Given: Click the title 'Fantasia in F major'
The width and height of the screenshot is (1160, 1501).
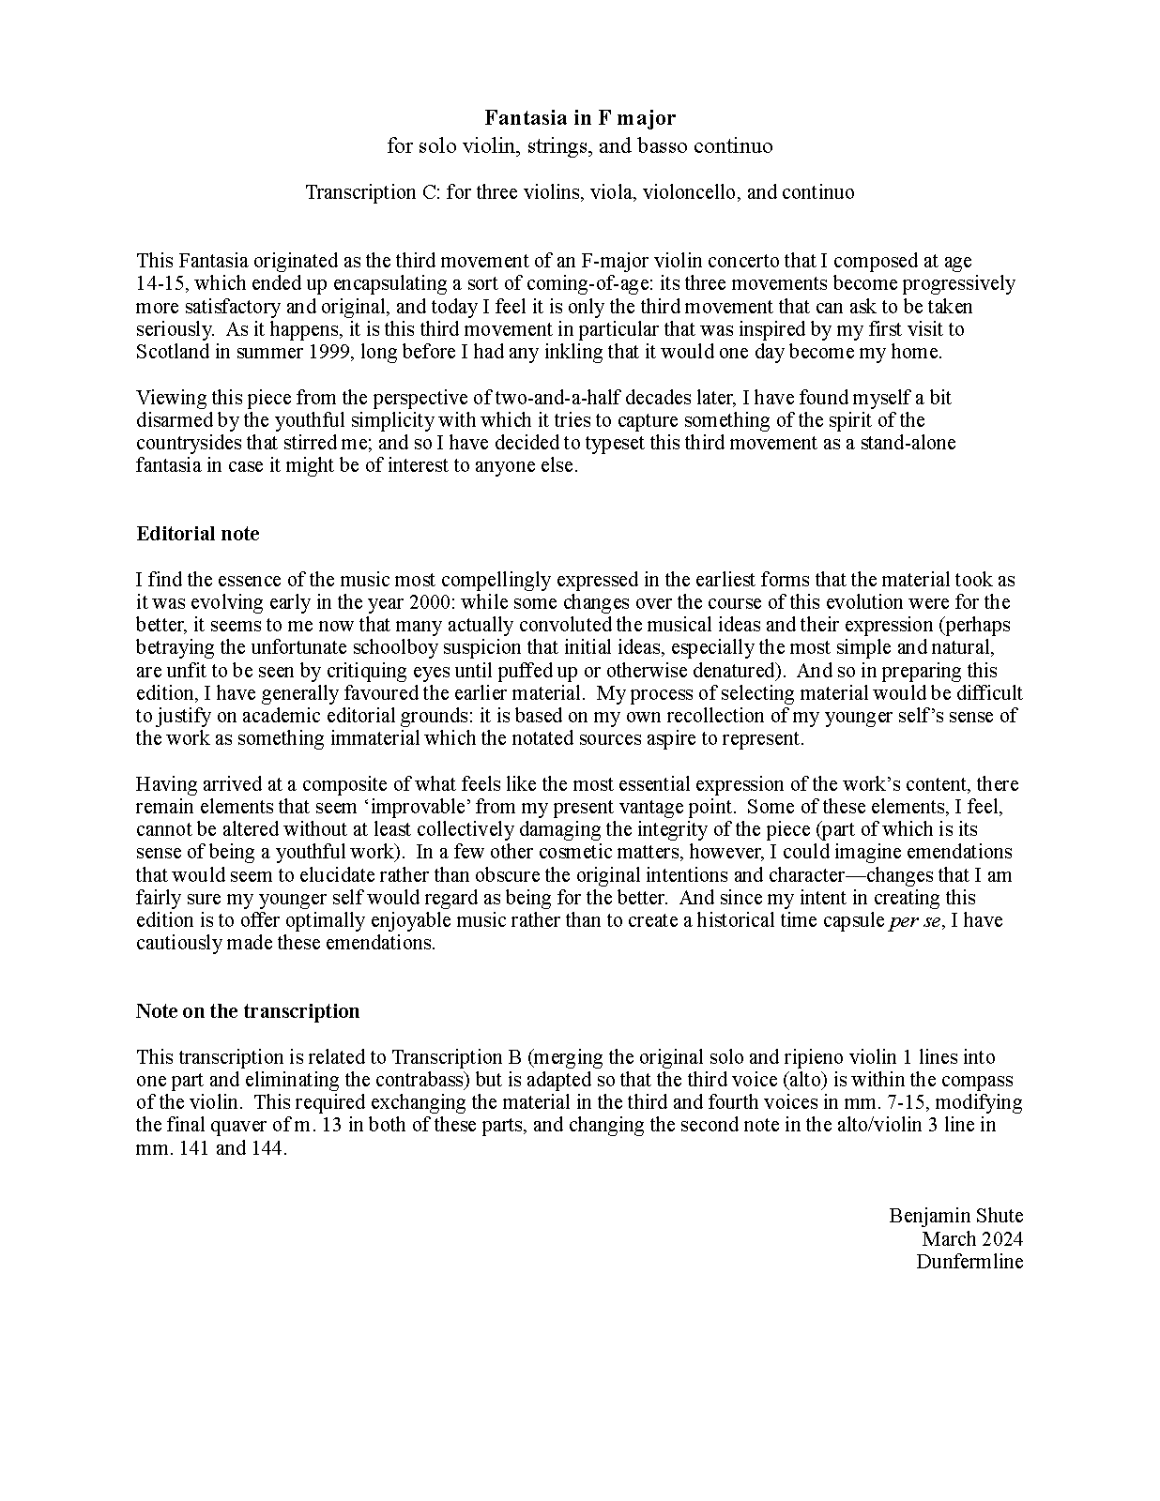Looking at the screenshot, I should coord(579,117).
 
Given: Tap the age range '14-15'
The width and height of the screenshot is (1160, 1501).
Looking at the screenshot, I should coord(157,283).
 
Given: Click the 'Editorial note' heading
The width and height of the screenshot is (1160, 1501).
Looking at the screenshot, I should coord(197,534).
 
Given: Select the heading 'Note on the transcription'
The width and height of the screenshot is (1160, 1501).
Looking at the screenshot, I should coord(248,1011).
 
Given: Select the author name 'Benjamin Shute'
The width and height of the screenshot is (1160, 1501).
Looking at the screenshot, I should coord(955,1216).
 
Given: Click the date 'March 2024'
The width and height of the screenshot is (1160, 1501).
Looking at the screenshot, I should coord(971,1238).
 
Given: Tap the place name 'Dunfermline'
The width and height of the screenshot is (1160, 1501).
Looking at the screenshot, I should coord(969,1262).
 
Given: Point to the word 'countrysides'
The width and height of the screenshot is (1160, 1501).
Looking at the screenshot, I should coord(188,443).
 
